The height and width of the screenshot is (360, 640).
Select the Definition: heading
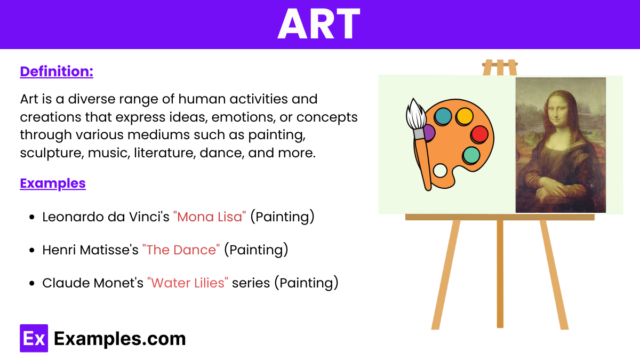pos(57,71)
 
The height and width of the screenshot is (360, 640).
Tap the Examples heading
pos(53,183)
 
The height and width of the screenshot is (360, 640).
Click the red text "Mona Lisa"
pos(210,217)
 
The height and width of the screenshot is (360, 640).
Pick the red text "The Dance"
pos(181,250)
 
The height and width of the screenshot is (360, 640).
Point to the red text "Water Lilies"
pos(188,283)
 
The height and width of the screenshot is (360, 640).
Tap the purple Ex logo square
pos(34,338)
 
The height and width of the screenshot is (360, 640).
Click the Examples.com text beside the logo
pos(119,339)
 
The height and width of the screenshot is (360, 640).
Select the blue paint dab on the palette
pos(443,116)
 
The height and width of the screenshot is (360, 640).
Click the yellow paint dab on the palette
pos(465,116)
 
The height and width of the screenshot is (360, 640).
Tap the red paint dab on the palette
pos(479,134)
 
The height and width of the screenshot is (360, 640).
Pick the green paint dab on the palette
pos(471,155)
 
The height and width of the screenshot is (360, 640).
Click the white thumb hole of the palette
pos(440,171)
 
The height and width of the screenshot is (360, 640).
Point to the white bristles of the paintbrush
pos(415,114)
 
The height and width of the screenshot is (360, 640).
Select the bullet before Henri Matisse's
pos(32,250)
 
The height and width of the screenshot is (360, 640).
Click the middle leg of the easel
pos(500,274)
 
